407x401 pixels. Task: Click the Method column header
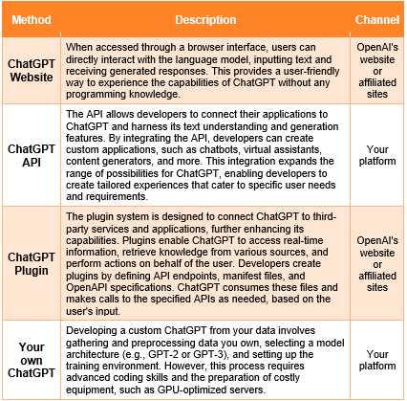(x=31, y=18)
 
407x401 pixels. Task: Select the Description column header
(x=204, y=18)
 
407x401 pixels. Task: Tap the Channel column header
(x=376, y=18)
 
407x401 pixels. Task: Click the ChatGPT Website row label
(x=31, y=71)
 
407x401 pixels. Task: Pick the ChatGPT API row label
(x=31, y=155)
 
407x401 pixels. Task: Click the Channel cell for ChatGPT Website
(x=376, y=71)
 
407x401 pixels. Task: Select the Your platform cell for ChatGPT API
(x=376, y=155)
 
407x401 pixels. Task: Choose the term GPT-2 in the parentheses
(x=150, y=352)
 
